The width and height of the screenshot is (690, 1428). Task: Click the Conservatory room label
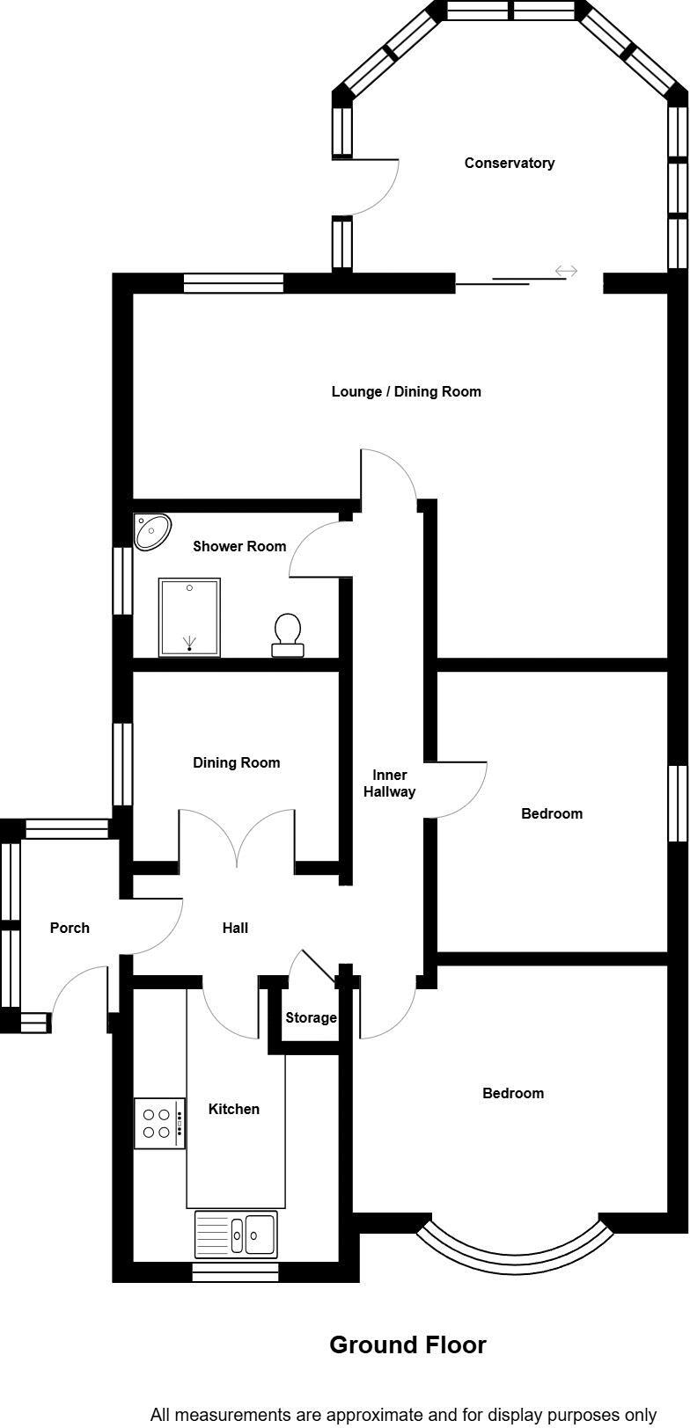tap(509, 163)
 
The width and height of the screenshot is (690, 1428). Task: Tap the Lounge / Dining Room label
tap(406, 391)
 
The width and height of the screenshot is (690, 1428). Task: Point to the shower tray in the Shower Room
tap(189, 616)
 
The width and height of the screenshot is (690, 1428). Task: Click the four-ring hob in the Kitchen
tap(159, 1123)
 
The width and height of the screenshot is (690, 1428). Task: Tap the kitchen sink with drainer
tap(236, 1234)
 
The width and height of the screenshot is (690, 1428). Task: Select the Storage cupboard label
tap(311, 1017)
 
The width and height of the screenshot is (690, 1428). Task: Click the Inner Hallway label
tap(389, 783)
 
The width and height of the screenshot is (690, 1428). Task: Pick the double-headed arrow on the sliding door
tap(566, 272)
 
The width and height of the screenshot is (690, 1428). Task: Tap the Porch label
tap(70, 928)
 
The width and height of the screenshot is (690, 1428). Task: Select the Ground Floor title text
tap(407, 1344)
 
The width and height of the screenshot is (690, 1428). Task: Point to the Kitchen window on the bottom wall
tap(235, 1271)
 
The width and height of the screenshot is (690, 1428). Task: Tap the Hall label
tap(235, 928)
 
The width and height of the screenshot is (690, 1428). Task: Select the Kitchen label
tap(233, 1109)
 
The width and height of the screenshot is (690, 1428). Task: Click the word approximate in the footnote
tap(374, 1415)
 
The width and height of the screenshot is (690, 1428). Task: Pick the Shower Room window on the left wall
tap(122, 581)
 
